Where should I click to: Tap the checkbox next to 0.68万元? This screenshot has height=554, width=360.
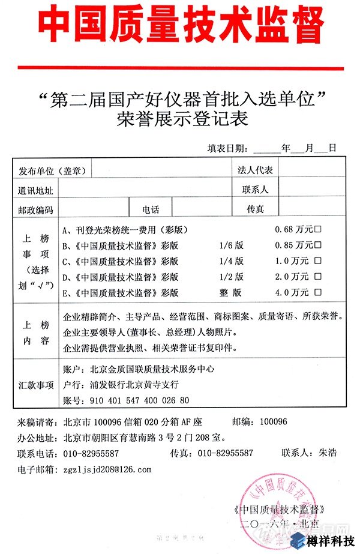(318, 229)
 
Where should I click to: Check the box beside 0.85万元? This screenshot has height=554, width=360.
(318, 245)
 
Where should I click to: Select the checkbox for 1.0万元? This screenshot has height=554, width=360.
(318, 261)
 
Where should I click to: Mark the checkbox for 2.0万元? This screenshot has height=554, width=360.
(318, 277)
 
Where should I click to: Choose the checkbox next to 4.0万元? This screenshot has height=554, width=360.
(318, 293)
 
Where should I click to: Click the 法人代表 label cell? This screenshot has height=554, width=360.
(255, 170)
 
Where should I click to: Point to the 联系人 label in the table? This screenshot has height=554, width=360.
(255, 190)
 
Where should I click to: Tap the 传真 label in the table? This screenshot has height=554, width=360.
(255, 209)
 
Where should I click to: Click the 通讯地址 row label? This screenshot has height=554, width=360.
(35, 190)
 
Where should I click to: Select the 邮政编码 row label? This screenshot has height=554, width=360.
(35, 209)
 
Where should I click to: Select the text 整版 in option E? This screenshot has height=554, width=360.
(231, 293)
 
